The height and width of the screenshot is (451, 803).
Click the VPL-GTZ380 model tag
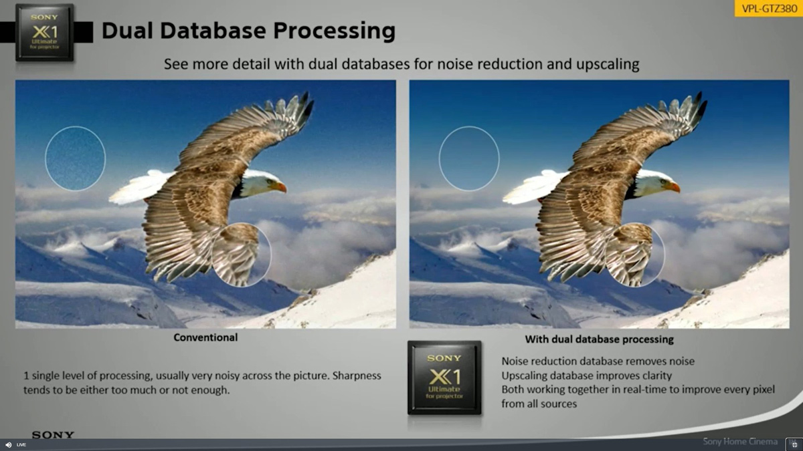pos(769,8)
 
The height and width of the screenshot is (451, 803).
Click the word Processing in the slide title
pos(334,31)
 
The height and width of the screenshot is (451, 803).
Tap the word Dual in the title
pos(128,31)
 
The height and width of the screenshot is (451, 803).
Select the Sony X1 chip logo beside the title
pos(45,33)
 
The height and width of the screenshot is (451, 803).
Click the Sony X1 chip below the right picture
pos(444,378)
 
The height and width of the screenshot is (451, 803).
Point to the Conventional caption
pos(205,337)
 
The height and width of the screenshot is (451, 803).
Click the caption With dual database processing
pos(599,339)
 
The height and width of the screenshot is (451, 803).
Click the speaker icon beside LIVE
pos(9,444)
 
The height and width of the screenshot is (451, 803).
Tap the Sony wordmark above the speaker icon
pos(53,434)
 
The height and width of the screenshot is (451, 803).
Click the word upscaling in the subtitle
pos(608,65)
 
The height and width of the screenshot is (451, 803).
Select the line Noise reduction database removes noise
pos(598,361)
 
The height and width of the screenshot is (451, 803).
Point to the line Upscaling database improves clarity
pos(587,375)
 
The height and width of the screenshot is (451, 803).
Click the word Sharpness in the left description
pos(357,375)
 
